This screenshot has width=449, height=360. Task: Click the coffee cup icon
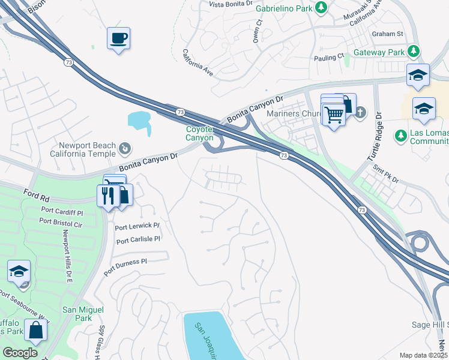coord(118,38)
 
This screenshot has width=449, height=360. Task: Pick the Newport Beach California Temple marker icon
coord(125,148)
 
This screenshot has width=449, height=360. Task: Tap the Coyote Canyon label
coord(199,133)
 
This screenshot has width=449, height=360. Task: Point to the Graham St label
coord(387,34)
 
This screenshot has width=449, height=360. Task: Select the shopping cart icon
coord(334,114)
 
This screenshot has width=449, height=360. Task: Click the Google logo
coord(20,353)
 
